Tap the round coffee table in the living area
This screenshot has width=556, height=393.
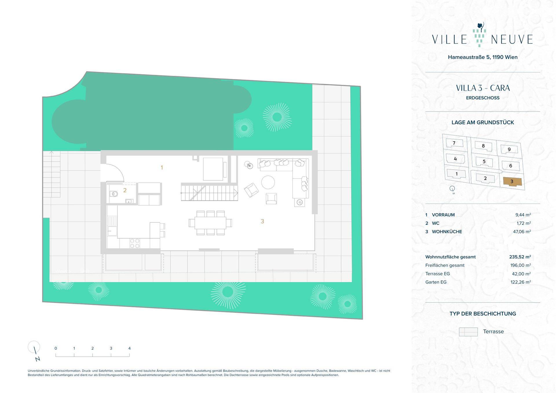268,182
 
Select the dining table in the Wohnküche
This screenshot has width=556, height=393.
210,223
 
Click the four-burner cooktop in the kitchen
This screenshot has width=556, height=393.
135,243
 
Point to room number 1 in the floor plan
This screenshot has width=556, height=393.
162,167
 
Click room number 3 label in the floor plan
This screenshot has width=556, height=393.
262,221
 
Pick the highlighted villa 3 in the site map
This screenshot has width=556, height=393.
512,182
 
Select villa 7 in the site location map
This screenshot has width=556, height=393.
454,143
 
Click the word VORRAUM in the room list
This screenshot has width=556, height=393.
443,215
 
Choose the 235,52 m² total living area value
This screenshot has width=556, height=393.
520,257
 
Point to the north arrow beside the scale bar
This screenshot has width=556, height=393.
35,350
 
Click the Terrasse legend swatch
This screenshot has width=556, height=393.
468,332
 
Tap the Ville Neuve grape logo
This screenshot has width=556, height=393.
479,35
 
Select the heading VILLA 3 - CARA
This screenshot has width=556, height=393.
483,88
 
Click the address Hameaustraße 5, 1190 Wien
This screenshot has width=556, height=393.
483,57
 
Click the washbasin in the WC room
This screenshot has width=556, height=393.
129,201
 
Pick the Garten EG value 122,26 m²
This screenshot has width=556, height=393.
521,282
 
